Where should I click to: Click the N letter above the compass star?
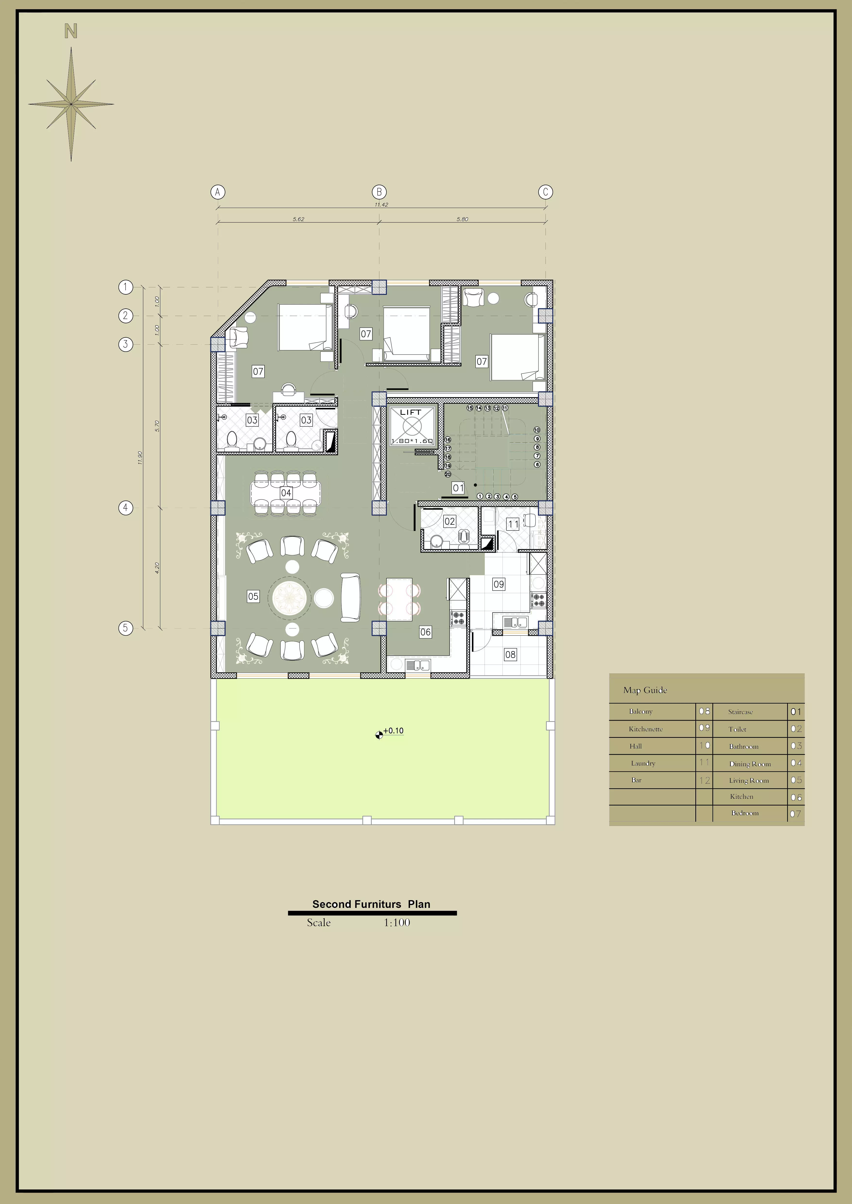[71, 32]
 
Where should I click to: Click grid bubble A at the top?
[218, 192]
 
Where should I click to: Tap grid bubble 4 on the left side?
[125, 508]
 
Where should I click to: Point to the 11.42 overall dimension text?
[381, 205]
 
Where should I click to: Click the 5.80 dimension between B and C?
[462, 219]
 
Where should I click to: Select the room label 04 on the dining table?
[286, 493]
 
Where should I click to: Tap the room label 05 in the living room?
[253, 596]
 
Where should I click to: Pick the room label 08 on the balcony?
[511, 655]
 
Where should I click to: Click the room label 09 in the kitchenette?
[498, 584]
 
